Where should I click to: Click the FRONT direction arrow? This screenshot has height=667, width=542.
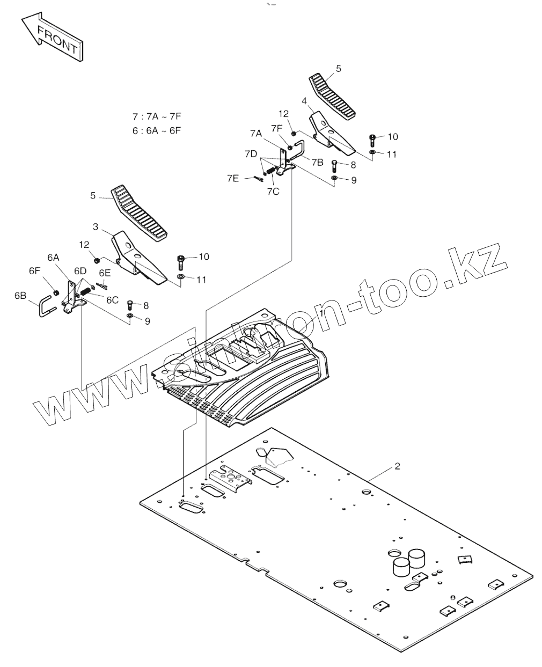(52, 39)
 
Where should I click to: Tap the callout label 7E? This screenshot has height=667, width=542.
(232, 178)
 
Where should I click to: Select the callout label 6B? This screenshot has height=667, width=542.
(20, 296)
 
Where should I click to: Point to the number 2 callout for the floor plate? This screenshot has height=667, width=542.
(397, 466)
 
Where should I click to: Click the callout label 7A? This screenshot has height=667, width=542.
(255, 133)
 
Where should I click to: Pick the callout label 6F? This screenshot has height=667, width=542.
(34, 271)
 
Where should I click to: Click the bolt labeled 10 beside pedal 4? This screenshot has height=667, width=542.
(373, 140)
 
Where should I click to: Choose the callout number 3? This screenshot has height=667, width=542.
(96, 227)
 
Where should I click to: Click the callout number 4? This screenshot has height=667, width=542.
(304, 101)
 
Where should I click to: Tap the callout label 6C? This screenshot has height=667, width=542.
(112, 300)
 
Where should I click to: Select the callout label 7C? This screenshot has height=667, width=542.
(273, 192)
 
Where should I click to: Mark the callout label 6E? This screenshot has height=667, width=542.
(104, 273)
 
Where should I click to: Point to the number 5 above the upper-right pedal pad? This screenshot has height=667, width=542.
(338, 69)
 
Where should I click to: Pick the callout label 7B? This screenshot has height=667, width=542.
(317, 162)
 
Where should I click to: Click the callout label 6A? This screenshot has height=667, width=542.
(53, 258)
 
